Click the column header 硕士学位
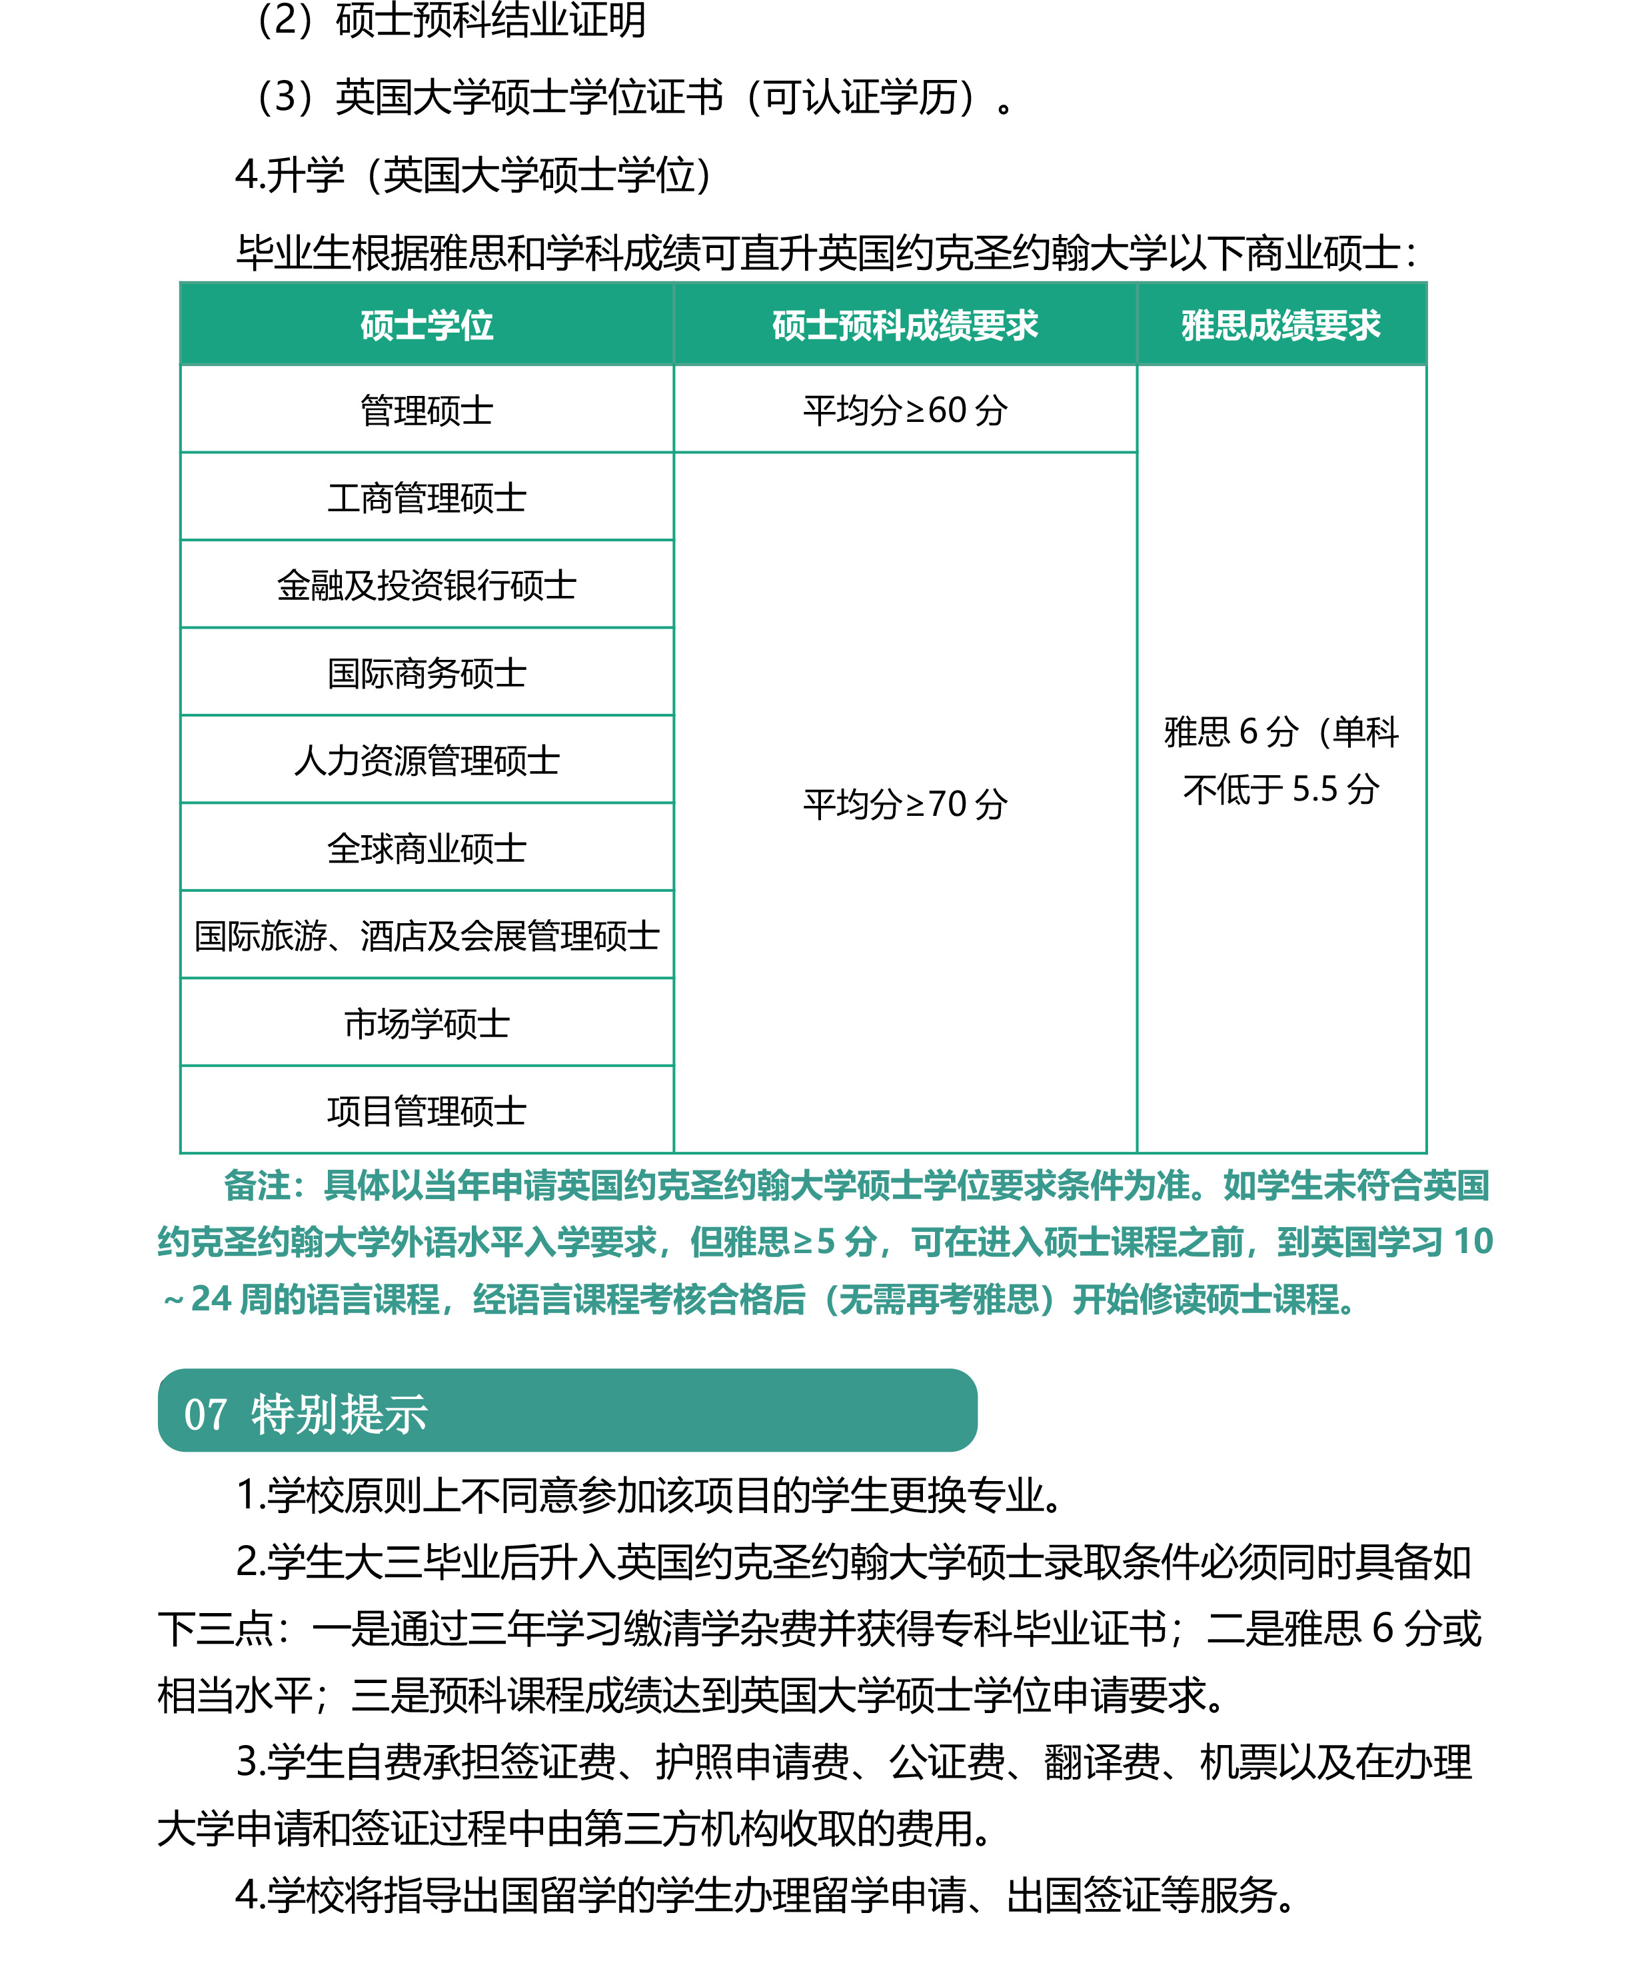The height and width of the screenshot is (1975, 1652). coord(427,325)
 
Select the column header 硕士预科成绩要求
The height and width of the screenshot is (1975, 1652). coord(904,325)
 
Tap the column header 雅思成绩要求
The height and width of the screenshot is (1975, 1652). coord(1281,325)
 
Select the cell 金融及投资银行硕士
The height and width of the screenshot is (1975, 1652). coord(427,586)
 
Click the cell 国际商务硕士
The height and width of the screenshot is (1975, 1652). coord(427,673)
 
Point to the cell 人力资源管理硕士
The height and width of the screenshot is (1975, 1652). coord(427,761)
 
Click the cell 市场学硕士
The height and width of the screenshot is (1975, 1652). coord(427,1023)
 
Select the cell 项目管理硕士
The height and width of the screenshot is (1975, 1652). coord(427,1110)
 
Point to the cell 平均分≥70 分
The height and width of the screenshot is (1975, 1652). coord(904,804)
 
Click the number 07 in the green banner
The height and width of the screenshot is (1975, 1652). coord(205,1414)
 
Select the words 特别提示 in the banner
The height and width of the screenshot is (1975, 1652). coord(339,1414)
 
